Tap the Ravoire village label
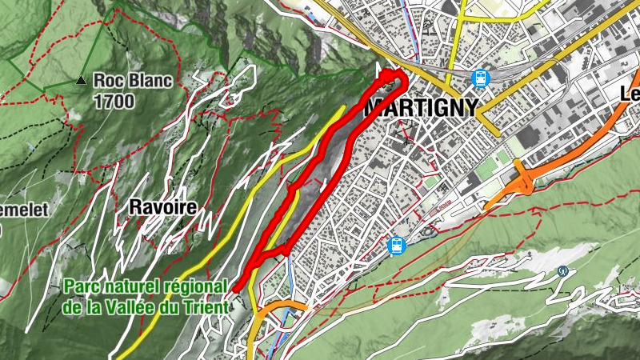[x=162, y=207]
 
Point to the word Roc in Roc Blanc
[x=108, y=80]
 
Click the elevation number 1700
[x=114, y=101]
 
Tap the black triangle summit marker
[x=80, y=81]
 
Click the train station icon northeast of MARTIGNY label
[x=480, y=78]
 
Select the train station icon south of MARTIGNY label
[x=395, y=246]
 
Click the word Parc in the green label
[x=82, y=286]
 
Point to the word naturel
[x=131, y=286]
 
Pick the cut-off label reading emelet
[x=24, y=210]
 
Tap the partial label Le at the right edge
[x=630, y=94]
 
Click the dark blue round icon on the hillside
[x=563, y=271]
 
